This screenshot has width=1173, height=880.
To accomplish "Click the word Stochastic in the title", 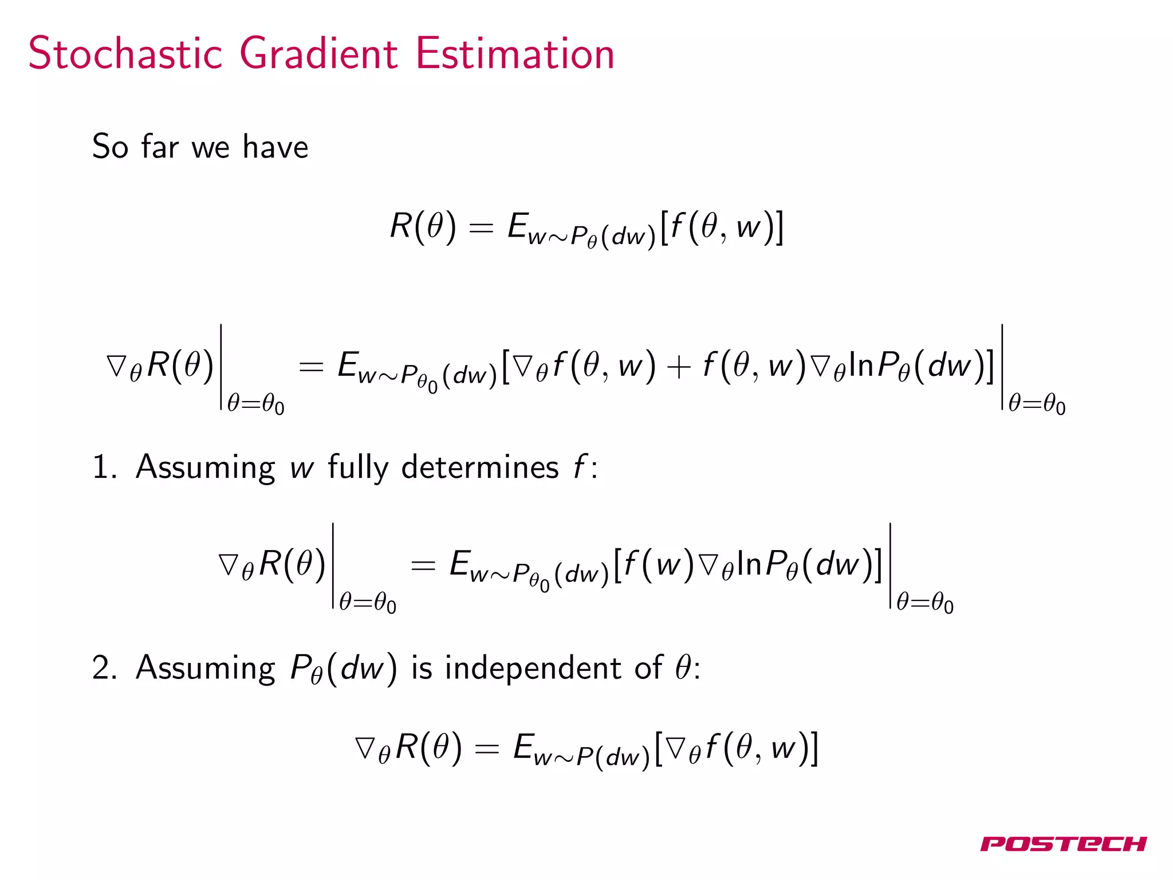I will [x=125, y=54].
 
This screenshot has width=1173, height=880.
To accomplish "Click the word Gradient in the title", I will [x=318, y=54].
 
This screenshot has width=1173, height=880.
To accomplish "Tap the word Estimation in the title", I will [x=514, y=54].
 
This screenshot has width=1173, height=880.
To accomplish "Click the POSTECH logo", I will [x=1063, y=844].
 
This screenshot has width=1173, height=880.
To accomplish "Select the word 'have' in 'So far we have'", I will [x=275, y=147].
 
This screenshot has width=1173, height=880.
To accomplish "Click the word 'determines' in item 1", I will [x=480, y=467].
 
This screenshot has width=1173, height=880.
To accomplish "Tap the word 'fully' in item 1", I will [x=358, y=467].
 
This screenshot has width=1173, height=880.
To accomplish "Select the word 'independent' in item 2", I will [x=533, y=668].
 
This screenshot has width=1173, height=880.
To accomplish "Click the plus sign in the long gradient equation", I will [x=679, y=367].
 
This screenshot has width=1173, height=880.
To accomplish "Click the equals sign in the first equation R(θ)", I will [x=481, y=228].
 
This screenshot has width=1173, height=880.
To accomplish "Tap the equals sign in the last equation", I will [x=487, y=749].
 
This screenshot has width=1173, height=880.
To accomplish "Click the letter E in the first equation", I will [x=518, y=226].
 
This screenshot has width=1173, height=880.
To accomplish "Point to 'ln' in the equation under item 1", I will [x=749, y=564].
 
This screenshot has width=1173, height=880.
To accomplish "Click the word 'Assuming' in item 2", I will [x=206, y=668].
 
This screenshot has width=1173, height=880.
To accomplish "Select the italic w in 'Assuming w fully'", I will [x=302, y=468].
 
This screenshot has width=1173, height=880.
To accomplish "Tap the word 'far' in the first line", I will [x=160, y=147].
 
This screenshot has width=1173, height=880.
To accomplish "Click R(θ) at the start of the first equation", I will [x=423, y=226].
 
